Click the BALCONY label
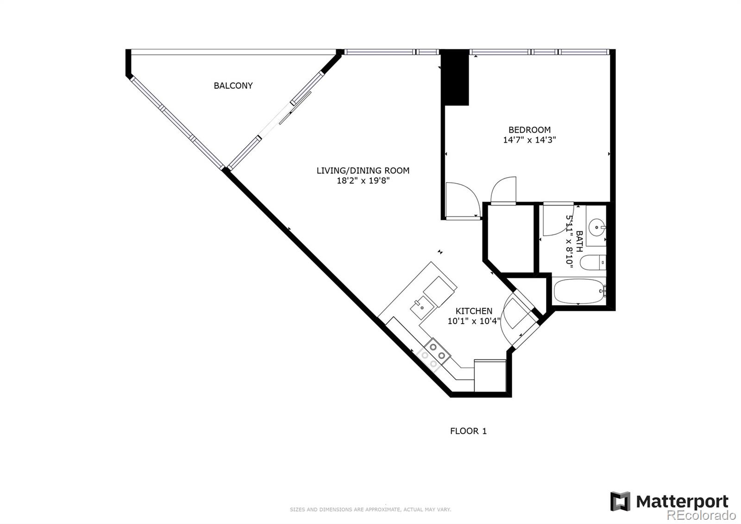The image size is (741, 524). point(233,86)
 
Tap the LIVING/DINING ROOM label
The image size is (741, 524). point(363,171)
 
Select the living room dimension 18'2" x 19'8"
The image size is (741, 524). point(363,181)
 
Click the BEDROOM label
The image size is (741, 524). point(529,130)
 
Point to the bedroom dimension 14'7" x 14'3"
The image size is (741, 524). point(529,140)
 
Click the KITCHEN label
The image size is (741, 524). point(474,311)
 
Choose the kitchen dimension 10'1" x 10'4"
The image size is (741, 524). point(474,321)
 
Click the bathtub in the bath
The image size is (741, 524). point(579,291)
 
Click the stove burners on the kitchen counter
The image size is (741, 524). point(438,351)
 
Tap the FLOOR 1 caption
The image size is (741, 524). point(468,431)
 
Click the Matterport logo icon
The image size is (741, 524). point(620,501)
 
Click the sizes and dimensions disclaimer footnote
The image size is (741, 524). point(370,510)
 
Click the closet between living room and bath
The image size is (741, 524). point(509,239)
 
